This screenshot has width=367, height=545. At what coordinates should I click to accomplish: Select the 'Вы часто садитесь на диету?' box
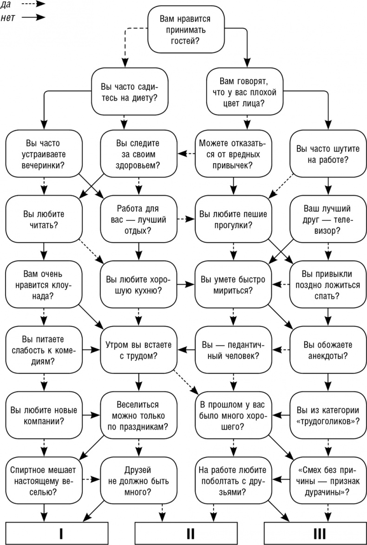(x=129, y=92)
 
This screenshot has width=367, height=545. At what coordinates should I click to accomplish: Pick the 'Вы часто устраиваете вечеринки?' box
(x=43, y=153)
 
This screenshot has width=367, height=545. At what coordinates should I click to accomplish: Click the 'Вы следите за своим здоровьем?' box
(x=138, y=153)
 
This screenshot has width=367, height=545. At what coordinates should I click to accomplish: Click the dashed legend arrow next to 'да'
(x=33, y=4)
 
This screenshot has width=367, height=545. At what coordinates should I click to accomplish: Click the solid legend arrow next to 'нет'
(x=33, y=18)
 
